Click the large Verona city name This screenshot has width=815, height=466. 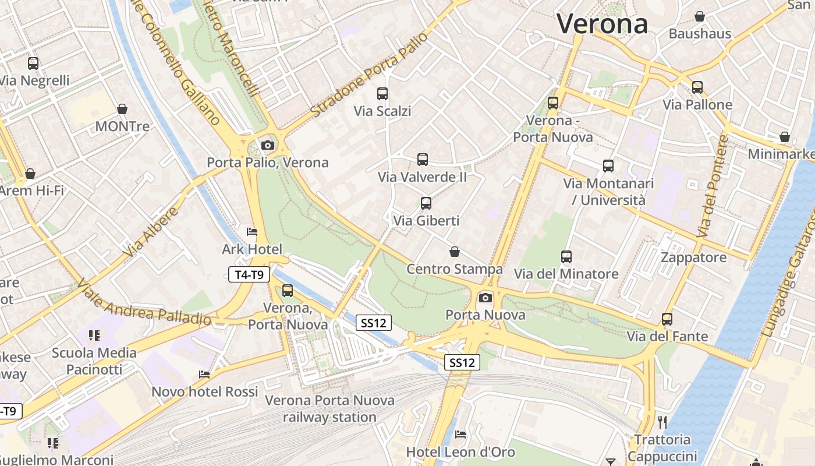602,24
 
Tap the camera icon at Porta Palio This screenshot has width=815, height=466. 268,145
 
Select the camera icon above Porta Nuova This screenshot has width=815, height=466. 485,298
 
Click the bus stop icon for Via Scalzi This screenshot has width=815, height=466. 382,93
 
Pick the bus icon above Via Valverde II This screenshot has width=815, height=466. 423,159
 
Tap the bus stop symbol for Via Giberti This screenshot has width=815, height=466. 426,203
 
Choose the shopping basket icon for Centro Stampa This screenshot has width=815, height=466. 455,252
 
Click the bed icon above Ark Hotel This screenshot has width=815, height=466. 252,232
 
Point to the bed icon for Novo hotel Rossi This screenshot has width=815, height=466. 204,374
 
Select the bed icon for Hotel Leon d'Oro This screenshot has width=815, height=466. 460,434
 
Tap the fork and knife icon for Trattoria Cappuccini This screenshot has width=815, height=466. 662,422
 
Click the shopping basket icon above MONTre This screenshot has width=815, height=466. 122,109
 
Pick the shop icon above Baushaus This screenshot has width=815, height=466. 700,16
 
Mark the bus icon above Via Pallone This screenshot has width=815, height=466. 697,87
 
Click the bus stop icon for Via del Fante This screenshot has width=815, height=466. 667,319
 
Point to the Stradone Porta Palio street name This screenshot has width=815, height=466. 368,75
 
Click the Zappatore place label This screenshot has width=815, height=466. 693,257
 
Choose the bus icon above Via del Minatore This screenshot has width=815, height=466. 566,256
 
